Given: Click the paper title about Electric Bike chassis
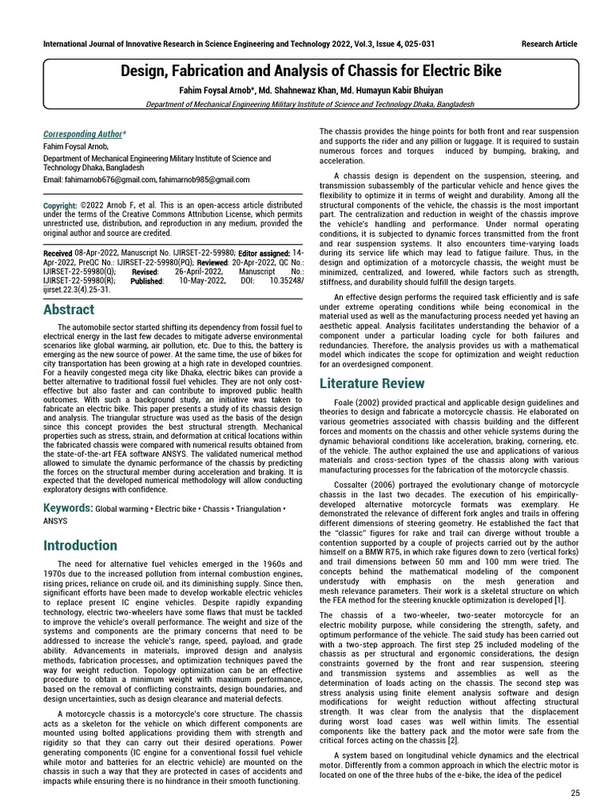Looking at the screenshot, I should pyautogui.click(x=310, y=71).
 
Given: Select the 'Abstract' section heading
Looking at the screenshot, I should pyautogui.click(x=69, y=310).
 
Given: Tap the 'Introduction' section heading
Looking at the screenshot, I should pyautogui.click(x=80, y=545).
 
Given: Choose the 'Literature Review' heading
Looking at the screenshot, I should pyautogui.click(x=372, y=383).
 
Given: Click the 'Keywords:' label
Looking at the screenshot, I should pyautogui.click(x=67, y=508).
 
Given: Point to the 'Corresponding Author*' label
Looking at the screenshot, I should pyautogui.click(x=84, y=135).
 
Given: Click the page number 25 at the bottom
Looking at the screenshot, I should pyautogui.click(x=575, y=792).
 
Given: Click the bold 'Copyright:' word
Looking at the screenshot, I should pyautogui.click(x=60, y=205).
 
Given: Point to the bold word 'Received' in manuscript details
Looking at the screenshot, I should pyautogui.click(x=57, y=253).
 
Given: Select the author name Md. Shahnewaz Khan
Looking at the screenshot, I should pyautogui.click(x=310, y=89).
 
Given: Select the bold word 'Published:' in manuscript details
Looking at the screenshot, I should pyautogui.click(x=147, y=280).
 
